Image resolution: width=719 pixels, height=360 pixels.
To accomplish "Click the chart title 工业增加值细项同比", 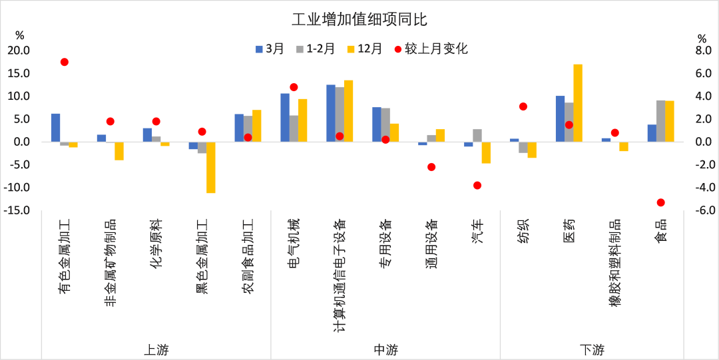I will (359, 19).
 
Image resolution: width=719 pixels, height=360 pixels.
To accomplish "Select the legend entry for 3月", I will (270, 49).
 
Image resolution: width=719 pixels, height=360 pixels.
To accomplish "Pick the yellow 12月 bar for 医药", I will (578, 103).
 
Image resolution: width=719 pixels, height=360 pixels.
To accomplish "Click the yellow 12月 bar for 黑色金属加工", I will (211, 167).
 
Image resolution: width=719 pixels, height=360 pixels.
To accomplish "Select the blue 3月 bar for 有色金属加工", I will (55, 128).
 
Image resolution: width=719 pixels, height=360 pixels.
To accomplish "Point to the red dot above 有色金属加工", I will (65, 62).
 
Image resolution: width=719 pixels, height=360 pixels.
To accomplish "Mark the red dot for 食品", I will (660, 202).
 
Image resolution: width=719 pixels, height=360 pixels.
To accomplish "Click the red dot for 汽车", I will (477, 185).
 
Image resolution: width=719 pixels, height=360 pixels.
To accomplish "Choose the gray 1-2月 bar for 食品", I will (660, 121).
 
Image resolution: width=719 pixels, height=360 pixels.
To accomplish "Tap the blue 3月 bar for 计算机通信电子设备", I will (331, 113).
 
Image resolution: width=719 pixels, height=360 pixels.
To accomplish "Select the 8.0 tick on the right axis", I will (702, 51).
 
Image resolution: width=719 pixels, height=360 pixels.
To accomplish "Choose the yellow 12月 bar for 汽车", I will (486, 152).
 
